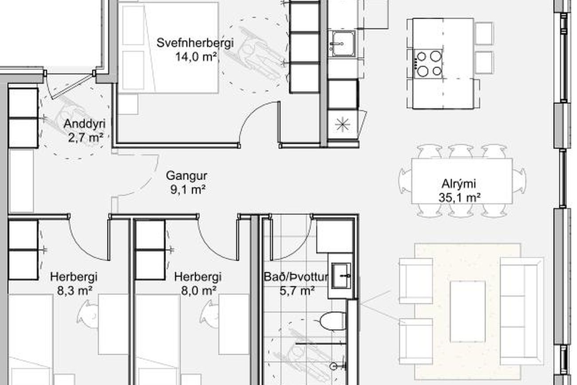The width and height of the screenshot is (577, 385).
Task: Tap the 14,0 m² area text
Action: [x=195, y=57]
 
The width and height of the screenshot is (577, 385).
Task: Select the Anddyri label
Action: [x=84, y=124]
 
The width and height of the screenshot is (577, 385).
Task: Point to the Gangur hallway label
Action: [x=186, y=176]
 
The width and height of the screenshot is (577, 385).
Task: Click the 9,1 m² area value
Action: [x=188, y=190]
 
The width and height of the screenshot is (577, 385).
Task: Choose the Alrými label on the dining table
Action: [x=459, y=184]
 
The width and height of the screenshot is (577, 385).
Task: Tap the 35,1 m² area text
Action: [x=459, y=198]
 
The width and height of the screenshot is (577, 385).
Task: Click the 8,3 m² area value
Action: [x=75, y=291]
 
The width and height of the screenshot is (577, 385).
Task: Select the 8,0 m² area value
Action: [x=198, y=291]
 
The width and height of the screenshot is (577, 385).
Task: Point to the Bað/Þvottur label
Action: [x=296, y=277]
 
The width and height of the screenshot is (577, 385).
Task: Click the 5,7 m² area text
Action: [x=297, y=291]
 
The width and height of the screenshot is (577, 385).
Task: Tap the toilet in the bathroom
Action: [x=332, y=321]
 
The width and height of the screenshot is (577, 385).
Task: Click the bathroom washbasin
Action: [x=341, y=275]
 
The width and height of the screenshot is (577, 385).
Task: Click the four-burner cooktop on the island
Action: [x=428, y=64]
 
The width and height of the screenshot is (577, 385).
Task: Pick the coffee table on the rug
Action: [x=467, y=312]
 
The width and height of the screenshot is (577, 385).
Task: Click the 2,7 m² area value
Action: [x=86, y=138]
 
